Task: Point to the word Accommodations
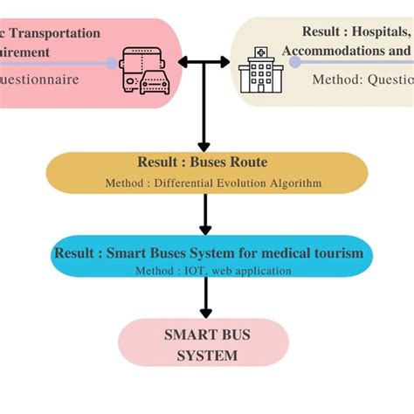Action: (333, 51)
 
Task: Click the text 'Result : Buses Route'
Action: (202, 162)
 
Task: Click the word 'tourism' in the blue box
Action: (340, 254)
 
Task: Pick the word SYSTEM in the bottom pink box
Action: (203, 355)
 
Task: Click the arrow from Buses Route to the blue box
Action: (204, 214)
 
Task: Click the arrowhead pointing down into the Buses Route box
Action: (204, 144)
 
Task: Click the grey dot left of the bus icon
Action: (111, 63)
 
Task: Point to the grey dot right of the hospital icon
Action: (295, 63)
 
